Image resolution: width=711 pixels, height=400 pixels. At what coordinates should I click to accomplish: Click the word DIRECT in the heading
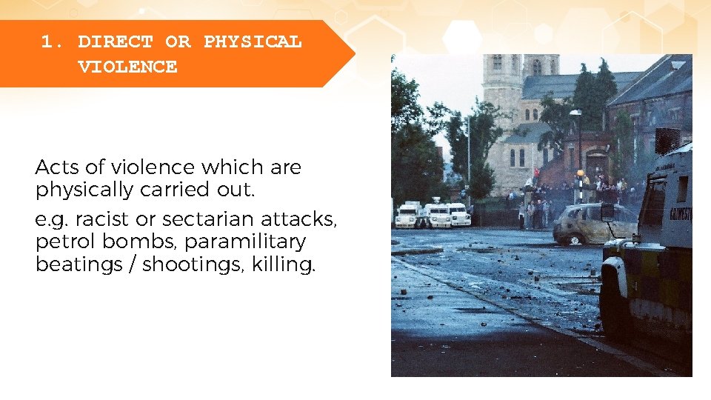[115, 41]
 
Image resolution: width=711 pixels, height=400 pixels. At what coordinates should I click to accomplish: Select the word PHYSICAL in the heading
[253, 41]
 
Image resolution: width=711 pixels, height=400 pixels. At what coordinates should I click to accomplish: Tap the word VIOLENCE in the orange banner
[127, 67]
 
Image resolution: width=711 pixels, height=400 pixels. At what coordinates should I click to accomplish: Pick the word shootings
[185, 264]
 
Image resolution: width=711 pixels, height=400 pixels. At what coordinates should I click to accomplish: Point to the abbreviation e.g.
[51, 220]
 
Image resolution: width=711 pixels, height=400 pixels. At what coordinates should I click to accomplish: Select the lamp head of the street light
[575, 113]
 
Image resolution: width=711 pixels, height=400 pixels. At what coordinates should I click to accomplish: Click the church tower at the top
[504, 81]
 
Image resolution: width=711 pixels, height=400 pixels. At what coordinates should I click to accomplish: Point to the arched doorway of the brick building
[596, 164]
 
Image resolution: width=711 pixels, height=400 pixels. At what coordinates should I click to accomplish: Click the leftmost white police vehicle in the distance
[406, 216]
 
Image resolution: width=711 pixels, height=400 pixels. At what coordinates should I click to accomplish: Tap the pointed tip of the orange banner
[354, 53]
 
